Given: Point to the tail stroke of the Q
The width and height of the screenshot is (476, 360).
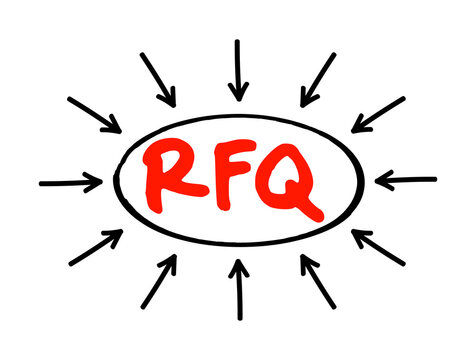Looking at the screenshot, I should (311, 209).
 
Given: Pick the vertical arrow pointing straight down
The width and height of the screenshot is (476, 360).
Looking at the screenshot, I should (237, 70).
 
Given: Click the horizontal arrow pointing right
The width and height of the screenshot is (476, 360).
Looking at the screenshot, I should (70, 183).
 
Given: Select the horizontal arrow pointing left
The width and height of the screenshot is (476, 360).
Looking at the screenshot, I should (405, 181).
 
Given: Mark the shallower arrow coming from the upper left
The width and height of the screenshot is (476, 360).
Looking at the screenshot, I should (95, 115).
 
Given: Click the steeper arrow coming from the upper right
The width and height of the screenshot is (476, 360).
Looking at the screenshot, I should (318, 79).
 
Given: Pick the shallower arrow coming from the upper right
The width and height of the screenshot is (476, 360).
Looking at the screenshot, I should (378, 114).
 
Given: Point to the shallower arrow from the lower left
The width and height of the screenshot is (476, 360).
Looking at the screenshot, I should (96, 247).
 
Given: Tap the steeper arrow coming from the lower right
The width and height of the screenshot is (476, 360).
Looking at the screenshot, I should (317, 281).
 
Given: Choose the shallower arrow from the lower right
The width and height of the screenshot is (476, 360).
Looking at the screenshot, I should (378, 247).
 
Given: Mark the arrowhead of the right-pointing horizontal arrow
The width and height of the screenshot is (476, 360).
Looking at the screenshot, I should (95, 182).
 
